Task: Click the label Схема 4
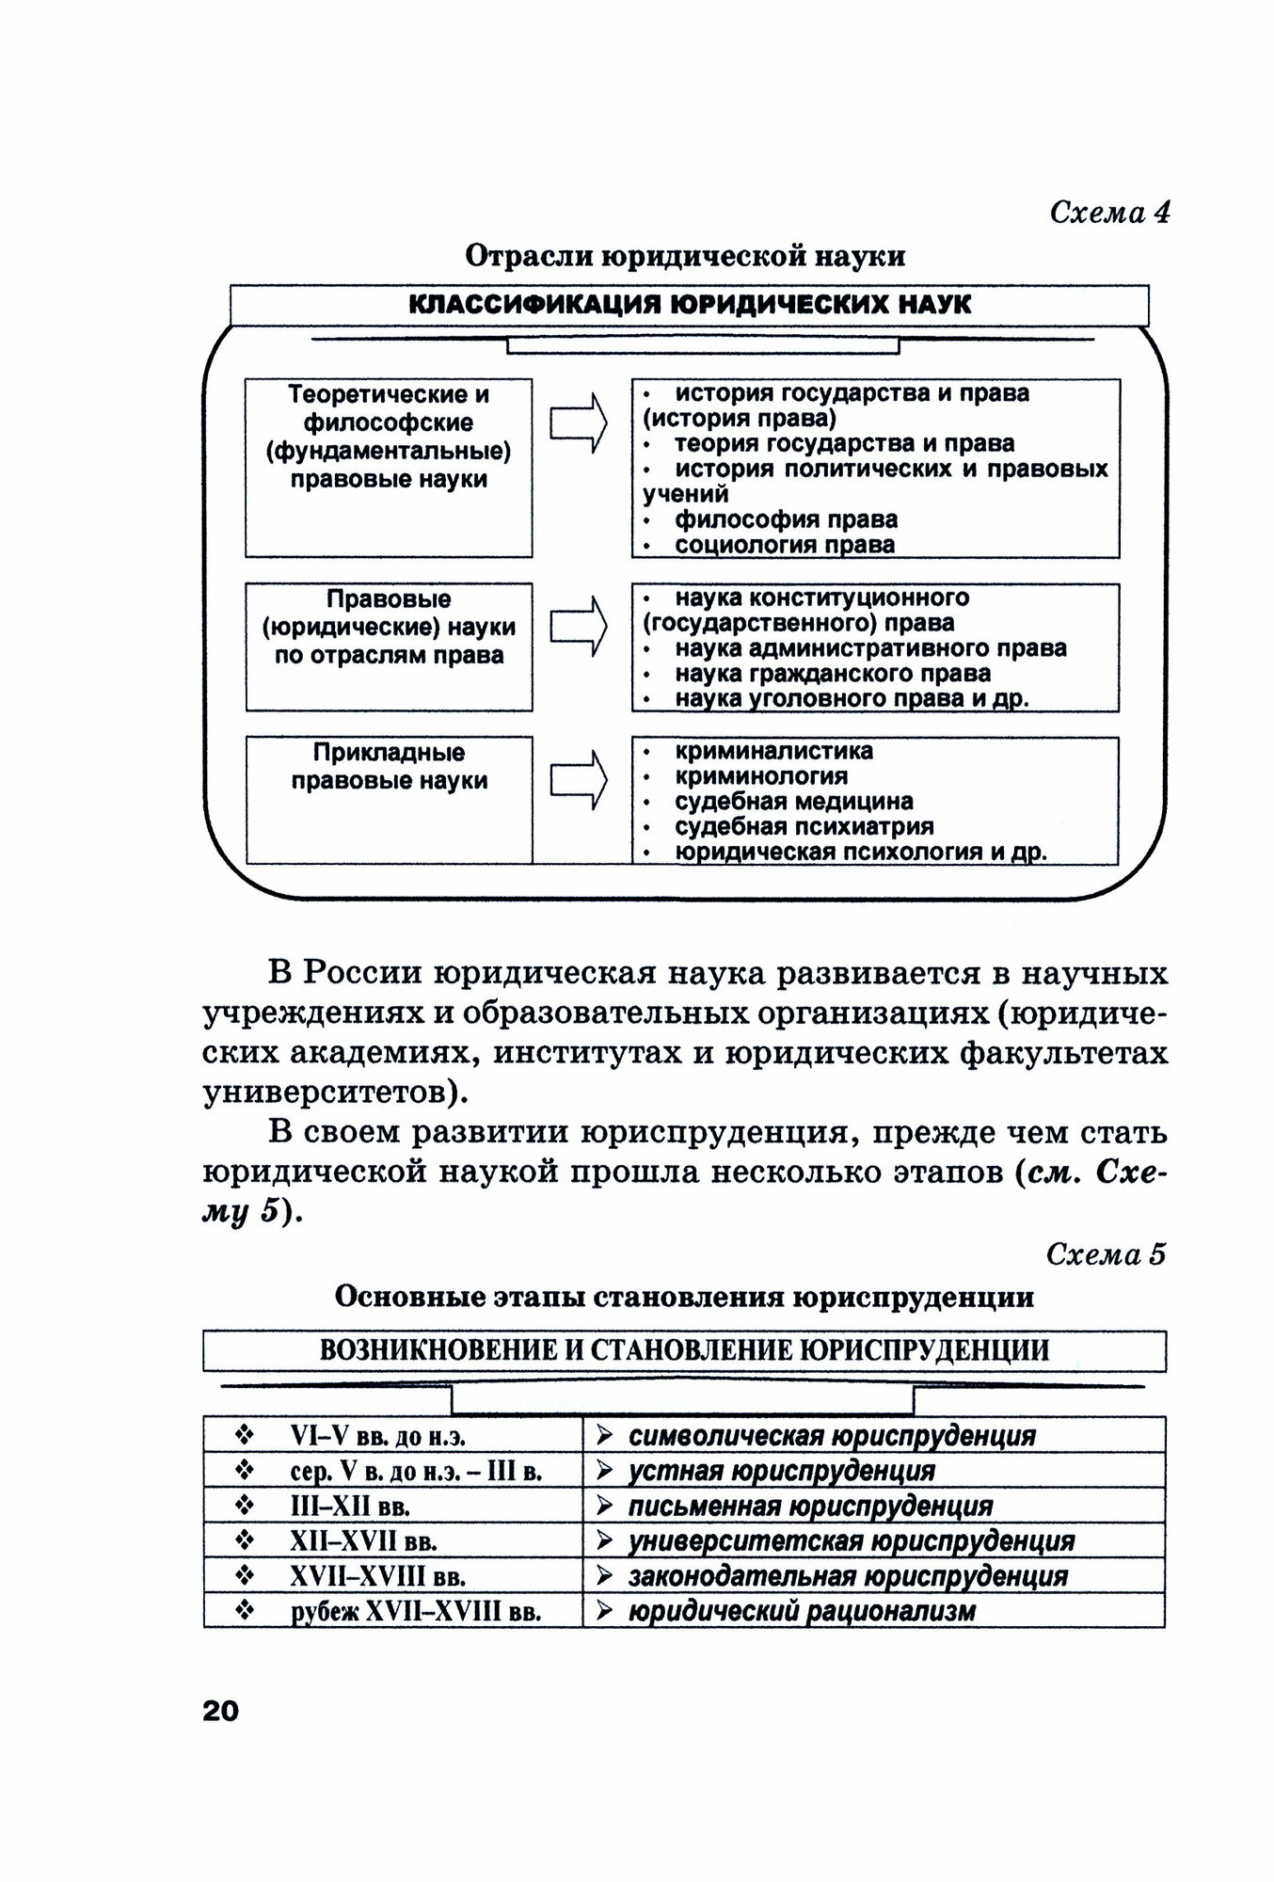pyautogui.click(x=1109, y=212)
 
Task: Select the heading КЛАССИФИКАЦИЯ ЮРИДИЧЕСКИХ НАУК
pyautogui.click(x=690, y=305)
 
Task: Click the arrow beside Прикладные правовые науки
pyautogui.click(x=577, y=779)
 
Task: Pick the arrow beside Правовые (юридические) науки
pyautogui.click(x=577, y=626)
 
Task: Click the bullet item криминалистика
pyautogui.click(x=773, y=751)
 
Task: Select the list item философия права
pyautogui.click(x=786, y=519)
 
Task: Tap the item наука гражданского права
pyautogui.click(x=832, y=674)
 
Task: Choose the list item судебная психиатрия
pyautogui.click(x=804, y=827)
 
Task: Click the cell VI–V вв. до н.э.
pyautogui.click(x=378, y=1436)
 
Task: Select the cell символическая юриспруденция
pyautogui.click(x=832, y=1436)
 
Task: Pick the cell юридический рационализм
pyautogui.click(x=802, y=1611)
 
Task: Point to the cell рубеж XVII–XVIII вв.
pyautogui.click(x=416, y=1612)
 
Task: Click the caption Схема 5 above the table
pyautogui.click(x=1106, y=1254)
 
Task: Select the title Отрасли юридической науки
pyautogui.click(x=685, y=256)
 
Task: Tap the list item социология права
pyautogui.click(x=784, y=545)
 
